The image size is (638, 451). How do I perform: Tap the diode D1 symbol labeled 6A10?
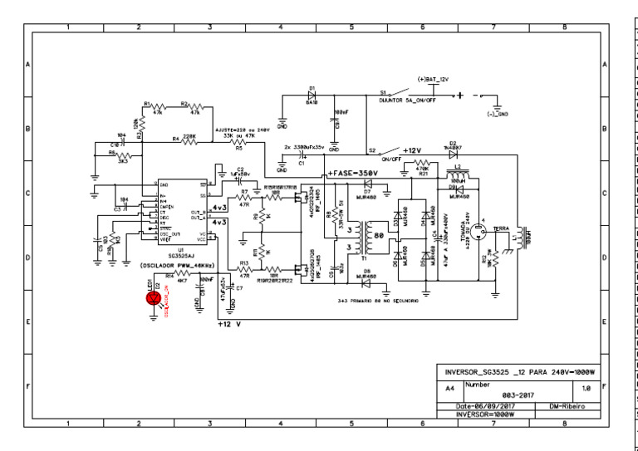coord(312,94)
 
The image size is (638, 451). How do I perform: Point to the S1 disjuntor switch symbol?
coord(403,92)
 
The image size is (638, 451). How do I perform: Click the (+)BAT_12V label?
coord(433,78)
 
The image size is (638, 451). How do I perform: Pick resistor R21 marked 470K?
coord(422,164)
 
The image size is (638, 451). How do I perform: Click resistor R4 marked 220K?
coord(189,142)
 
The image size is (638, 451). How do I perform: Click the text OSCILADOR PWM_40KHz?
coord(178,266)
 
